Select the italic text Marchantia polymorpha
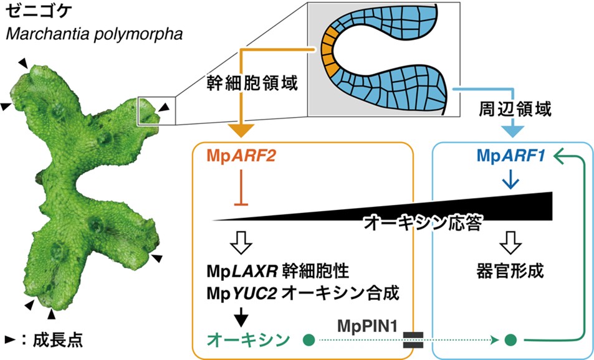[93, 33]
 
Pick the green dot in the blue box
[511, 340]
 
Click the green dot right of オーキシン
[307, 340]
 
